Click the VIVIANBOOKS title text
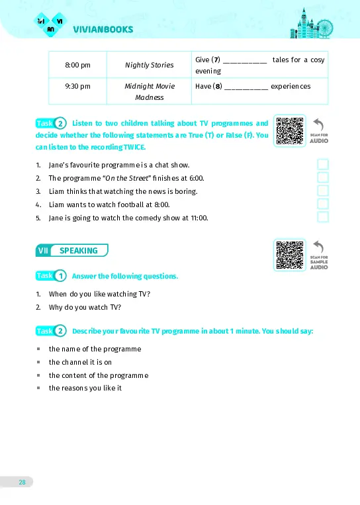pyautogui.click(x=103, y=29)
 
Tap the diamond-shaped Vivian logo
pyautogui.click(x=50, y=24)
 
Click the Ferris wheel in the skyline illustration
pyautogui.click(x=324, y=28)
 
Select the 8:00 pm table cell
pyautogui.click(x=77, y=65)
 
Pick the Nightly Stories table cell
pyautogui.click(x=149, y=65)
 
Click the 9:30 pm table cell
pyautogui.click(x=77, y=91)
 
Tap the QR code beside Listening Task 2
pyautogui.click(x=289, y=131)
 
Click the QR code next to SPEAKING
pyautogui.click(x=289, y=255)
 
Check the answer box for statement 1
pyautogui.click(x=323, y=164)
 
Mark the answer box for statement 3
pyautogui.click(x=323, y=191)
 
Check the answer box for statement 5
pyautogui.click(x=323, y=217)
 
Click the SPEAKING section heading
pyautogui.click(x=72, y=250)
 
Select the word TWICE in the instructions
pyautogui.click(x=134, y=147)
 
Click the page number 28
pyautogui.click(x=22, y=482)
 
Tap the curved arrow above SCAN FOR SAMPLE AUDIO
pyautogui.click(x=318, y=247)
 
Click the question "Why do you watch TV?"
pyautogui.click(x=85, y=307)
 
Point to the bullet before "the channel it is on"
pyautogui.click(x=38, y=362)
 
